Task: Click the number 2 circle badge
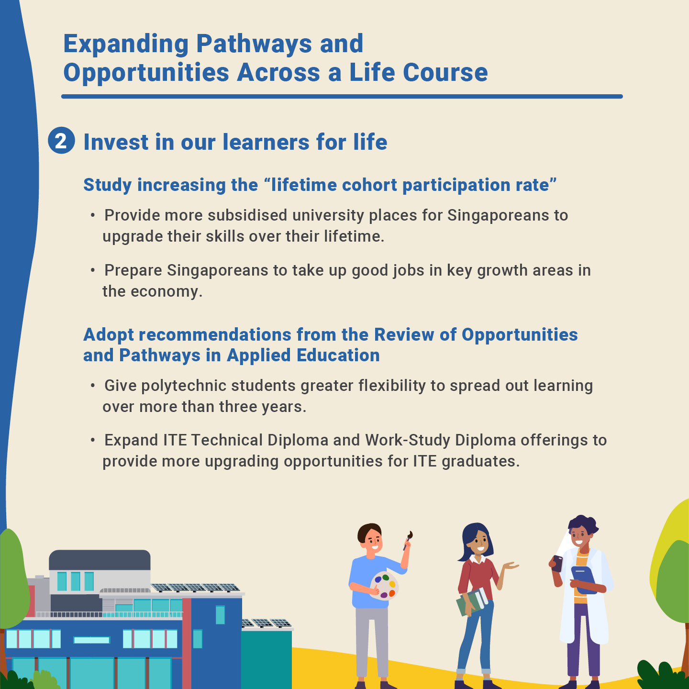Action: pos(61,141)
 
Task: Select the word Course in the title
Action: pos(445,73)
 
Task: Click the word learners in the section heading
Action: pos(267,142)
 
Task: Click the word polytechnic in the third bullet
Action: pos(184,386)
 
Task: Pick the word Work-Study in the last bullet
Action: pos(408,441)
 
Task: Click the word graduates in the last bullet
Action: pos(480,462)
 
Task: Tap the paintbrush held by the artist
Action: pos(408,540)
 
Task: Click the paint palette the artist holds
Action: pos(384,585)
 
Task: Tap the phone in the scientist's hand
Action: pos(557,564)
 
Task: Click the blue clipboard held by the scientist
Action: pos(584,580)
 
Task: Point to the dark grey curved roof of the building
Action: pos(100,560)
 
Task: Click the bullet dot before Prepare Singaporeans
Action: pos(93,271)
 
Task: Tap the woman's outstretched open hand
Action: pos(510,566)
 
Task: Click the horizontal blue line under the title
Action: pos(342,97)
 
